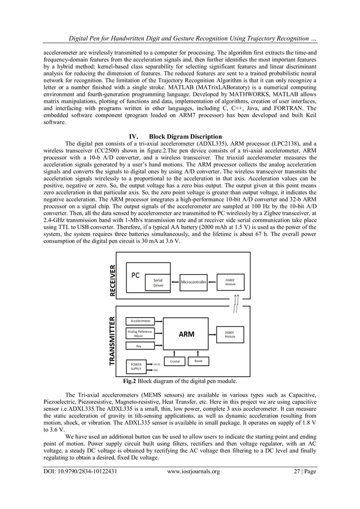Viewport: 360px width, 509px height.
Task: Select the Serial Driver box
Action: point(159,282)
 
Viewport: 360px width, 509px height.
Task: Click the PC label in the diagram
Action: point(135,276)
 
